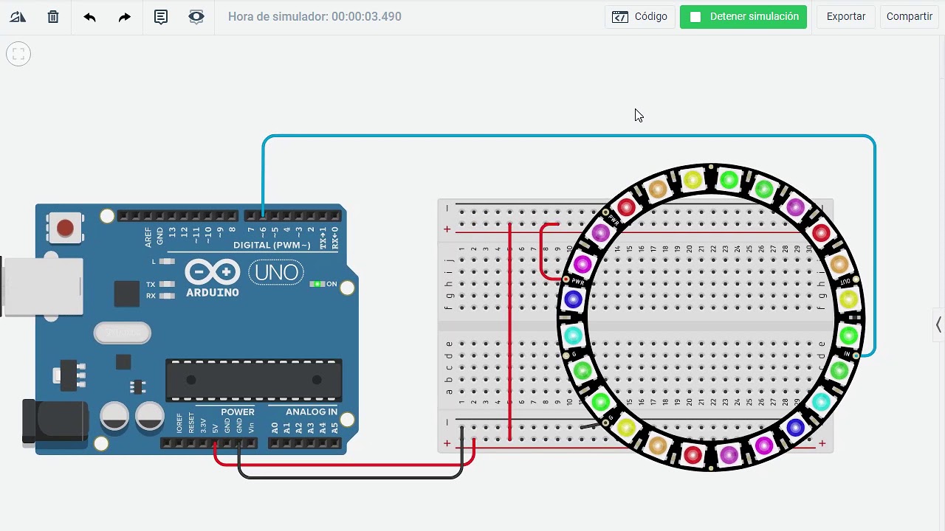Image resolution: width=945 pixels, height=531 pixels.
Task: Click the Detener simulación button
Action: [x=743, y=16]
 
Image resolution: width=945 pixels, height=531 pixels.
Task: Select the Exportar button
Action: [x=845, y=16]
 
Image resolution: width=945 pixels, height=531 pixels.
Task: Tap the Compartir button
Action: [x=909, y=16]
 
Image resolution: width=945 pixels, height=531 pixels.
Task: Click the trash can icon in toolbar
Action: [x=53, y=16]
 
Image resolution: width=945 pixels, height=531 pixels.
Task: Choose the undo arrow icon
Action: [x=89, y=16]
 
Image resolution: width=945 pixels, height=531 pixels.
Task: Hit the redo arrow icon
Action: [x=125, y=16]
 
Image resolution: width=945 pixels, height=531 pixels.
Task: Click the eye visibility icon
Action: [x=196, y=16]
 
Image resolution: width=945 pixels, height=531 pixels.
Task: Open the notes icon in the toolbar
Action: [x=160, y=16]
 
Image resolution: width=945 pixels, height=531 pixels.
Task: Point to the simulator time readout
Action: [x=315, y=16]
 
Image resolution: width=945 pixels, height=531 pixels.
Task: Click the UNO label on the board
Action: [x=277, y=273]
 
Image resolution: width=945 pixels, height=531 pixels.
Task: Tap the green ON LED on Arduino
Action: [x=317, y=284]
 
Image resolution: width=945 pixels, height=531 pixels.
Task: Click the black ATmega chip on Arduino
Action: [x=253, y=380]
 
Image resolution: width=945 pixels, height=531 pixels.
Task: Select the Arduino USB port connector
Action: [x=41, y=287]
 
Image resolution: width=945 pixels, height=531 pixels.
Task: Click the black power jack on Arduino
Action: [x=55, y=421]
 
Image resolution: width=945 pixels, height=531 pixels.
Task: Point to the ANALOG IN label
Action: [x=311, y=412]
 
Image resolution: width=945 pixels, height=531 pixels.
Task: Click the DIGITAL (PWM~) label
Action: [x=272, y=245]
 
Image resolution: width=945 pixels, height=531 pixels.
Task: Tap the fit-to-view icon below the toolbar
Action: [x=18, y=54]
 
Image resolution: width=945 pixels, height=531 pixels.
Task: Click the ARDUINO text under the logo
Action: [x=212, y=293]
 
